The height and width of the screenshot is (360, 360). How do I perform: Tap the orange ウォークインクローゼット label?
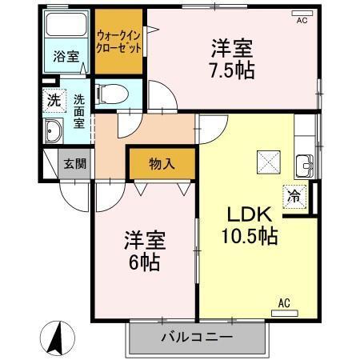[119, 41]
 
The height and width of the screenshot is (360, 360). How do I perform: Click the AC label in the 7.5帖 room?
[302, 20]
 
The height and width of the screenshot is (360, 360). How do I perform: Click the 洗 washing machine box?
[52, 101]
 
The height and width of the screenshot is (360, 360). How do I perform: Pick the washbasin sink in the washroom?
[55, 132]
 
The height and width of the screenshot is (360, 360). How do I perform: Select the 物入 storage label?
[162, 164]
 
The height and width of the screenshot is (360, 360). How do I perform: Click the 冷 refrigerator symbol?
[294, 194]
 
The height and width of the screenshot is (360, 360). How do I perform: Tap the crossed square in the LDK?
[266, 163]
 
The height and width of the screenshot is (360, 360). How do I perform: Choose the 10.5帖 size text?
[249, 237]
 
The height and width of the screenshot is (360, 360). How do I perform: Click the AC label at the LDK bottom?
[284, 302]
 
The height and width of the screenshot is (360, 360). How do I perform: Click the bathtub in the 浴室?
[66, 27]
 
